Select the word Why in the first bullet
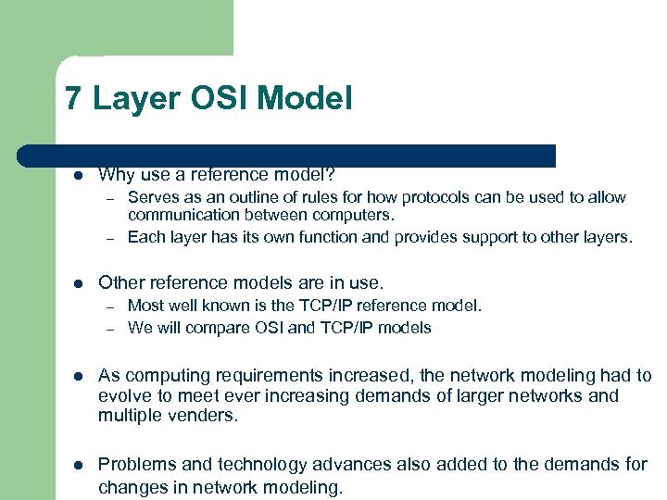pyautogui.click(x=115, y=174)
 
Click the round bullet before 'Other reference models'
pyautogui.click(x=79, y=282)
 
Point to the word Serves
pyautogui.click(x=152, y=197)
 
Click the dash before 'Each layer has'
pyautogui.click(x=108, y=238)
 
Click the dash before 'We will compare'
pyautogui.click(x=108, y=329)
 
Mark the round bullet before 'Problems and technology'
pyautogui.click(x=79, y=465)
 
